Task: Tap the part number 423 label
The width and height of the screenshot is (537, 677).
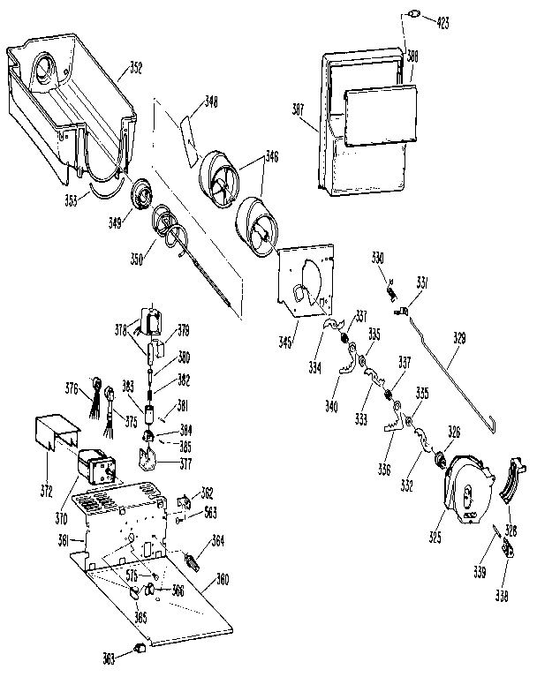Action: point(442,24)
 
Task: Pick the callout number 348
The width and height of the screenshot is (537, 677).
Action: point(210,102)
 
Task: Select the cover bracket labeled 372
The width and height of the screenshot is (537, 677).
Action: point(55,433)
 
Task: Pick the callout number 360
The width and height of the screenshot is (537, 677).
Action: point(223,581)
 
